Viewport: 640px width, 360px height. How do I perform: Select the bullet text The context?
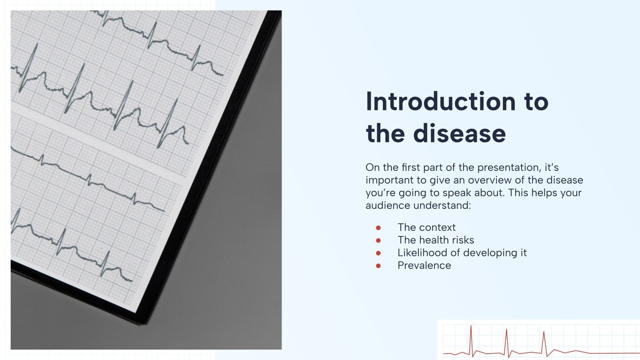click(426, 227)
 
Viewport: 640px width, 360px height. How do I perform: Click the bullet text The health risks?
click(436, 240)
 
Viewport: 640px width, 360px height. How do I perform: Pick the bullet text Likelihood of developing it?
click(462, 253)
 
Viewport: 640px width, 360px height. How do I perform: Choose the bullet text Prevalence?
click(424, 266)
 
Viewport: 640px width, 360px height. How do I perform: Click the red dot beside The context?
click(378, 228)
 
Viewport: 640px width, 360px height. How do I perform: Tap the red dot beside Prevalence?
click(378, 266)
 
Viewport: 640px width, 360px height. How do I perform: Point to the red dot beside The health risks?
click(378, 240)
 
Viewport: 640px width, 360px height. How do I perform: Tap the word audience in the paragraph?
click(388, 206)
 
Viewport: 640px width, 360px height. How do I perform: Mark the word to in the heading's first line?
click(536, 102)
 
